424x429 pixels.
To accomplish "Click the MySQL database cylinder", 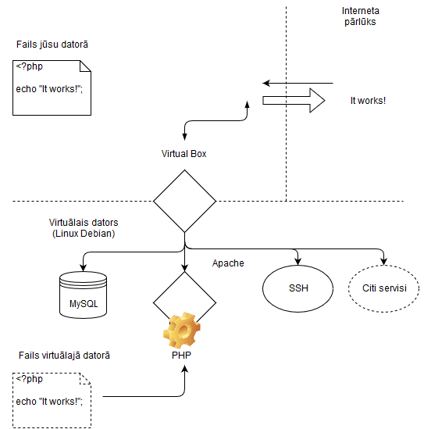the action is click(83, 295).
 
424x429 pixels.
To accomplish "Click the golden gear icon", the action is click(182, 330).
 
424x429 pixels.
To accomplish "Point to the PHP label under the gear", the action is click(181, 355).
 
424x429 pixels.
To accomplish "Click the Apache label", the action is click(228, 263).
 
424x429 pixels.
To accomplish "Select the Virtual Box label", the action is click(183, 154).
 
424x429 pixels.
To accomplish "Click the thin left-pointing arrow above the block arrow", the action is click(298, 83).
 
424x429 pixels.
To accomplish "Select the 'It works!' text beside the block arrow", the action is click(368, 101).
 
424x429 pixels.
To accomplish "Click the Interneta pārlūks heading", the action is click(360, 16).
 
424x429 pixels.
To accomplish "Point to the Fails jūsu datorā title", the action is click(52, 45).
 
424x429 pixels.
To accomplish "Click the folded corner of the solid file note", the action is click(85, 66).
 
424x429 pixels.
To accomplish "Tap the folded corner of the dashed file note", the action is click(85, 379).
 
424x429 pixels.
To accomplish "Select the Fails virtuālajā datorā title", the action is click(64, 356).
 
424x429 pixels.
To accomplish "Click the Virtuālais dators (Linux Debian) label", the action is click(84, 228).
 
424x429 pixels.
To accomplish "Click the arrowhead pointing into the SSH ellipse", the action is click(298, 262).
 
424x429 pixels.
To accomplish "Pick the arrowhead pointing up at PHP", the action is click(185, 369).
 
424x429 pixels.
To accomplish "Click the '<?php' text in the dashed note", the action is click(29, 379).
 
